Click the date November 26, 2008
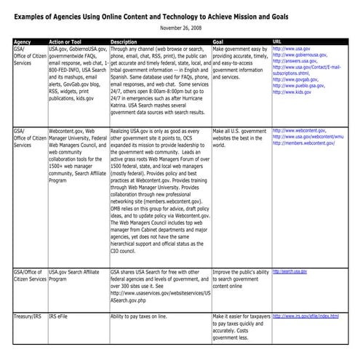(x=180, y=28)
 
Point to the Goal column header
(x=219, y=42)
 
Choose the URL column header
(x=277, y=42)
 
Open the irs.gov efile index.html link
(x=305, y=316)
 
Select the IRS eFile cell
(x=64, y=317)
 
